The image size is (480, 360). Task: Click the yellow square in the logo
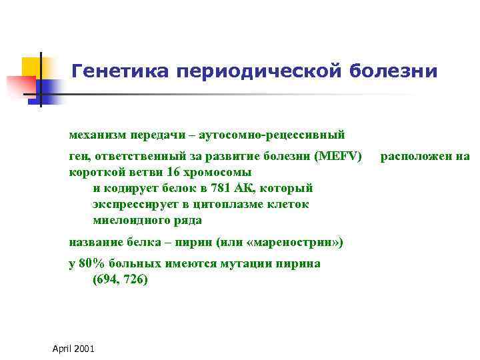click(31, 67)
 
